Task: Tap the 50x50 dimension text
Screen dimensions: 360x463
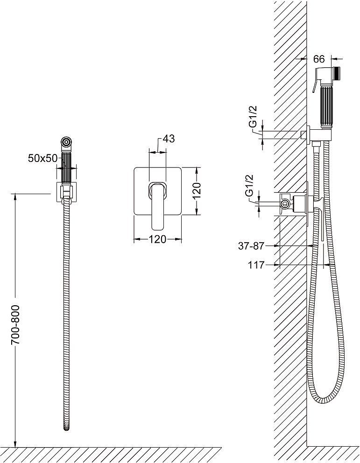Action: coord(43,158)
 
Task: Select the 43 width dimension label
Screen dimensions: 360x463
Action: coord(169,138)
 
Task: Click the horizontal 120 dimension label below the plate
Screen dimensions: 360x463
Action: coord(158,239)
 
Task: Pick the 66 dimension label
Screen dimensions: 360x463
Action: coord(318,59)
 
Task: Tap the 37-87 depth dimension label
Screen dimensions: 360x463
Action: coord(251,246)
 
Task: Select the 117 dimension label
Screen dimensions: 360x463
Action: coord(256,265)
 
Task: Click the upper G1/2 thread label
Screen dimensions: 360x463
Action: coord(253,117)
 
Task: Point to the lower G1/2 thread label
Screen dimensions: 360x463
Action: coord(250,185)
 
